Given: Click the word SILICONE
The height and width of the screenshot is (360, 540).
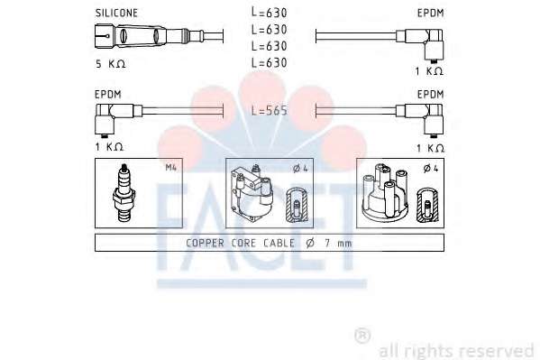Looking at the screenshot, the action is pos(116,14).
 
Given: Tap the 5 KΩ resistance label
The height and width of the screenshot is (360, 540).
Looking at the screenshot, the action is pos(110,64).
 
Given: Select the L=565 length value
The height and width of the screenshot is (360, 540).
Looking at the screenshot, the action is pos(270,110).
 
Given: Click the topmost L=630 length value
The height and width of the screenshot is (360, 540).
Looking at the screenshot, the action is pos(270,13).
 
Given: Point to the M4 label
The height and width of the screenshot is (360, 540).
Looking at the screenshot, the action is pos(170,168).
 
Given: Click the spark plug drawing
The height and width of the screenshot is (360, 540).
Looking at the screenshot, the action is pos(124,192).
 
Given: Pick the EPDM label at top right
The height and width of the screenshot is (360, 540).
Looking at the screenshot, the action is pos(431,14).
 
